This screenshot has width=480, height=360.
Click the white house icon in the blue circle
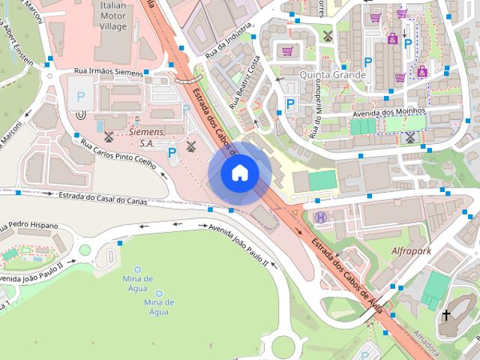click(239, 172)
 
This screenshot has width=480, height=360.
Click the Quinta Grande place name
click(332, 75)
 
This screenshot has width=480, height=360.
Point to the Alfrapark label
click(412, 251)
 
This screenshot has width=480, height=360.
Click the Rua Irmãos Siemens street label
click(108, 71)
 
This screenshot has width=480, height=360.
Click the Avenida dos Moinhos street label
click(388, 112)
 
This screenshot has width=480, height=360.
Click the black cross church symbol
click(446, 316)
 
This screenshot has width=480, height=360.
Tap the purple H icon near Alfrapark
click(321, 217)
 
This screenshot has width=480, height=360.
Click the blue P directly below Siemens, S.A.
click(172, 153)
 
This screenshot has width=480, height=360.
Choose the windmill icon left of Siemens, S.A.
click(109, 136)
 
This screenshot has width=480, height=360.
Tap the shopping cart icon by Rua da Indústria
click(286, 52)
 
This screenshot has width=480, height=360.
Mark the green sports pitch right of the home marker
click(322, 181)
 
